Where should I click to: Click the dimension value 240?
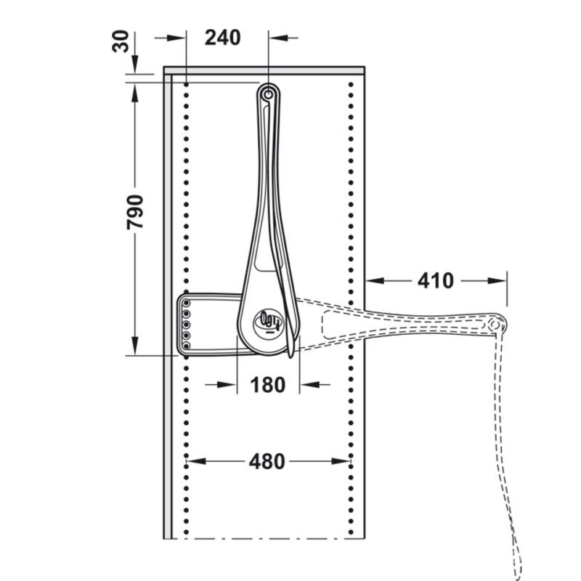[223, 38]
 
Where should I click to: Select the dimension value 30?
[121, 41]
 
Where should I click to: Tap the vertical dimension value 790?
[134, 212]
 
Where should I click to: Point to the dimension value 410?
[435, 280]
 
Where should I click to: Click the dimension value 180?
[268, 385]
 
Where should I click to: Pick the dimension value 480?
[267, 462]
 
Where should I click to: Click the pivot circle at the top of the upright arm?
[268, 95]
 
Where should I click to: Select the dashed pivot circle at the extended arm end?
[495, 325]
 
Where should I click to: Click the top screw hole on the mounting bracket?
[187, 304]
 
